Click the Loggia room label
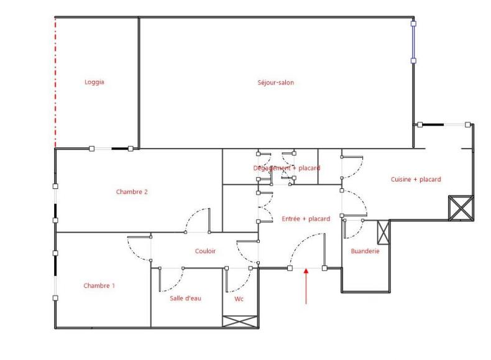coord(94,82)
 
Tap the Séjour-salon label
coord(275,83)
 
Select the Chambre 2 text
coord(132,192)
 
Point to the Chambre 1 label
coord(99,286)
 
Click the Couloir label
coord(205,251)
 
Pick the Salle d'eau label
coord(185,298)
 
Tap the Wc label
coord(239,299)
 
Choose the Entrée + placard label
coord(306,219)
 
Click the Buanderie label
coord(365,251)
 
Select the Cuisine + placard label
coord(416,180)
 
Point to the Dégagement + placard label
coord(287,168)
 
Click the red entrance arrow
coord(306,287)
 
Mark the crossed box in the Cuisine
coord(461,208)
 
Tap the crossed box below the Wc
coord(241,321)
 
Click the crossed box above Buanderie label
coord(383,232)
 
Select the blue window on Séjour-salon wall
coord(413,42)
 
